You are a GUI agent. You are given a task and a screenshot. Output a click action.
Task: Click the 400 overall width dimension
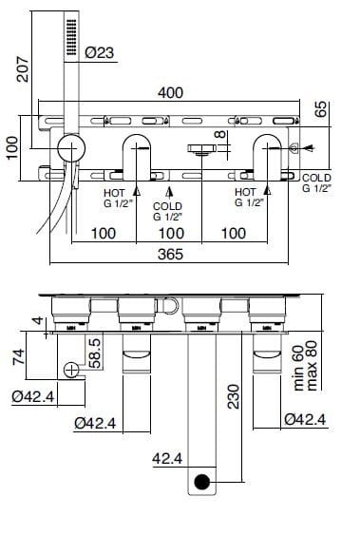[172, 95]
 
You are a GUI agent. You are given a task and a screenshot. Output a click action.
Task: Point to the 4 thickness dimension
[38, 322]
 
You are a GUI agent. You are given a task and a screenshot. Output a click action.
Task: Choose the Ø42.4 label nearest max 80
[306, 418]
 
